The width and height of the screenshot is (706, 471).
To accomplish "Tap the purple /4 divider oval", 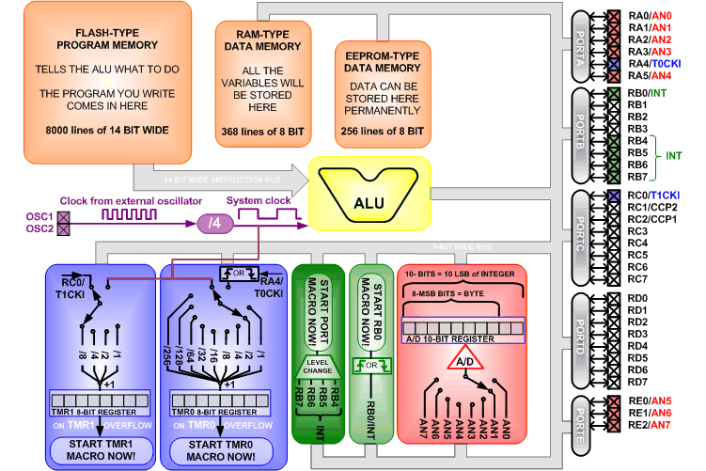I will pyautogui.click(x=213, y=224).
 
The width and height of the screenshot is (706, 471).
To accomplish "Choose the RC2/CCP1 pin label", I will pyautogui.click(x=651, y=219).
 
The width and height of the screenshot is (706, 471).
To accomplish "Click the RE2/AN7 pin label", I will pyautogui.click(x=649, y=425).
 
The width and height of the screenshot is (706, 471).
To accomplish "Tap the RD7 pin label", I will pyautogui.click(x=637, y=382).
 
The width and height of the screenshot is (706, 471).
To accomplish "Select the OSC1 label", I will pyautogui.click(x=39, y=215).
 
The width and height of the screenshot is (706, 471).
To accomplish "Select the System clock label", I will pyautogui.click(x=259, y=201).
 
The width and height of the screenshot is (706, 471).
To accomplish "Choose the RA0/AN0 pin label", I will pyautogui.click(x=649, y=15).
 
